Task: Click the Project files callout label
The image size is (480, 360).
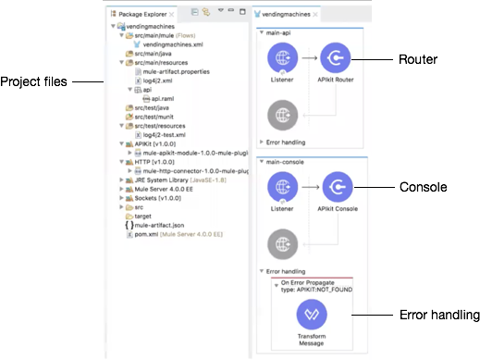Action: [x=33, y=81]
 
